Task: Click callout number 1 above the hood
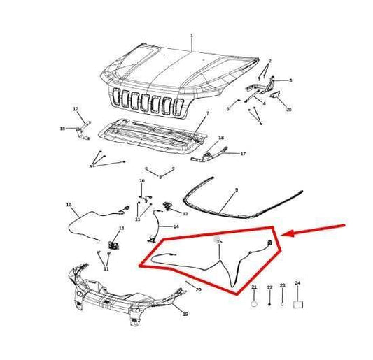point(191,35)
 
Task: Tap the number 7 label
point(207,113)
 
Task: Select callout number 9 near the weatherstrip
point(236,189)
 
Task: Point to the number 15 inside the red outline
point(219,242)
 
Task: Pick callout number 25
point(289,110)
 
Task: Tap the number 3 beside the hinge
point(290,80)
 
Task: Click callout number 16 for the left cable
point(69,205)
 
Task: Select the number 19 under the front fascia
point(185,315)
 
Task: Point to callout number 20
point(198,289)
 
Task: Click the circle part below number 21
point(254,304)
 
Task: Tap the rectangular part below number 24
point(297,304)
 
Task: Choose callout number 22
point(269,287)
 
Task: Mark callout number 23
point(283,285)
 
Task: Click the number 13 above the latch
point(121,229)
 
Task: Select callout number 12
point(185,214)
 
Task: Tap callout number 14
point(176,226)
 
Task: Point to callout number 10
point(141,181)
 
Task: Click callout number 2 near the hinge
point(269,61)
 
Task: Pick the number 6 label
point(261,123)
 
